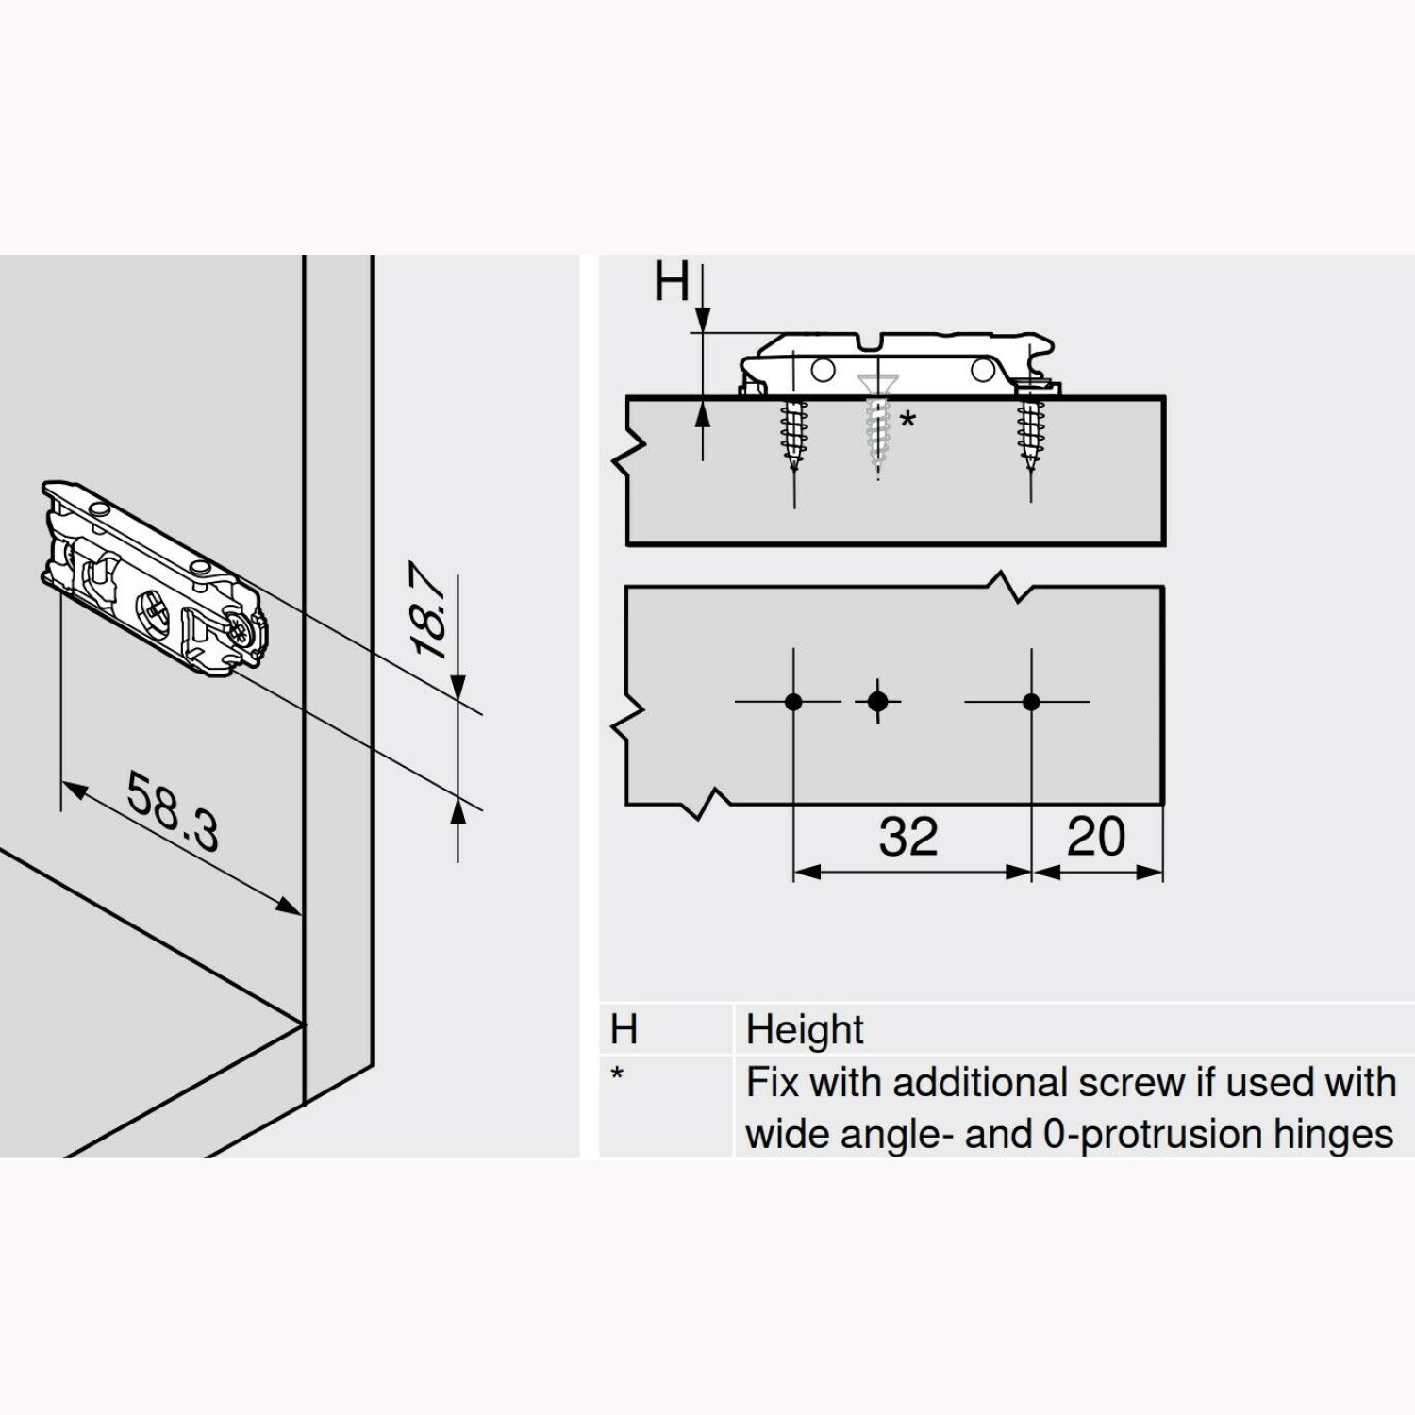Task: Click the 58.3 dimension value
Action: point(174,811)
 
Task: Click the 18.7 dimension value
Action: point(430,610)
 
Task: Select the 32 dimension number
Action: point(908,837)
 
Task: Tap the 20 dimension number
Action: point(1096,837)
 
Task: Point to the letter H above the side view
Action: point(673,281)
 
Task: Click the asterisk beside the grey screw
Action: point(907,419)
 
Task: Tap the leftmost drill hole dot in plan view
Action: point(793,702)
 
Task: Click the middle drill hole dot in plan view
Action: point(878,702)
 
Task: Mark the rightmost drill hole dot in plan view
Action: point(1031,702)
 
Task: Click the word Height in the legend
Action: point(805,1030)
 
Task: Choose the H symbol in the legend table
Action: point(624,1029)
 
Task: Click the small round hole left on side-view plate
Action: point(823,368)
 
